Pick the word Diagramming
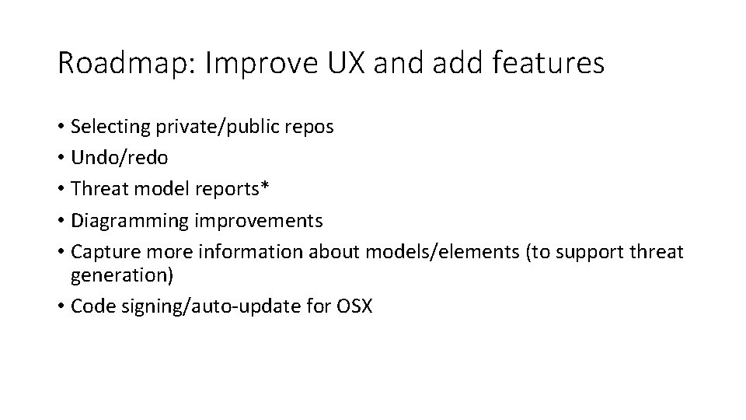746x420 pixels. pos(130,222)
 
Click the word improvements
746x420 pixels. pos(259,222)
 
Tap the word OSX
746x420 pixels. pos(354,306)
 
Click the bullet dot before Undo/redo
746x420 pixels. pos(61,158)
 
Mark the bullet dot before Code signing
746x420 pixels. pos(61,306)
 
